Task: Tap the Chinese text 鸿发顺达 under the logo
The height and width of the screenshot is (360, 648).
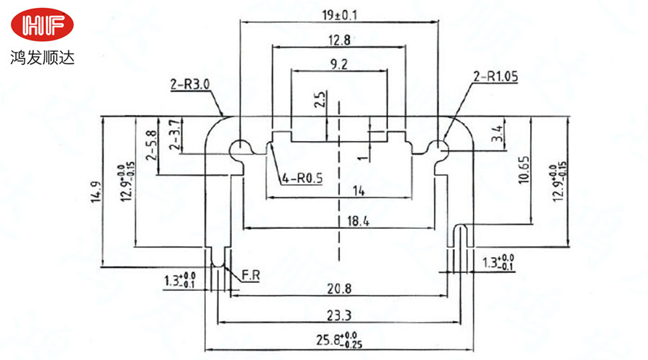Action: pos(42,55)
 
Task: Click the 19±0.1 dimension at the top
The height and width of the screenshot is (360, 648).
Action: pos(339,14)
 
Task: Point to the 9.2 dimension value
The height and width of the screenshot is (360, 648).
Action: pos(338,65)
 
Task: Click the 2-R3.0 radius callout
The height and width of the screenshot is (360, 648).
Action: pos(190,85)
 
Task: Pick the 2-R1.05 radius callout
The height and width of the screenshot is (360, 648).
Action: pos(495,76)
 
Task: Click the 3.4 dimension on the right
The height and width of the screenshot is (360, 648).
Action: pos(498,132)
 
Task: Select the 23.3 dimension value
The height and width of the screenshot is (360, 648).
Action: pos(338,315)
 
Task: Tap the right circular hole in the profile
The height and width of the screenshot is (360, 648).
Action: pos(437,149)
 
